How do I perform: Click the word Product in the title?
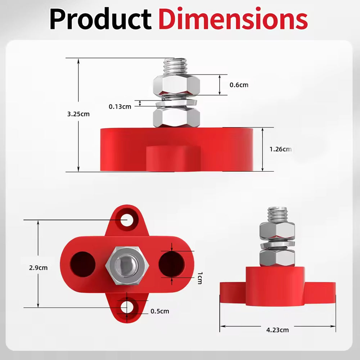(x=100, y=19)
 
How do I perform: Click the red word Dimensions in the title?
(x=233, y=18)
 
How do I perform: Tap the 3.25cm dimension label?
(x=78, y=114)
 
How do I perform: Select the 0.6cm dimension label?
(x=239, y=85)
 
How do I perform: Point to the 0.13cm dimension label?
(x=120, y=107)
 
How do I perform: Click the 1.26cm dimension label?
(x=280, y=149)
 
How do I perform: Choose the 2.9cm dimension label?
(x=39, y=268)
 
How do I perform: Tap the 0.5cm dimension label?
(x=160, y=311)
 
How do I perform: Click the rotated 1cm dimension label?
(x=200, y=278)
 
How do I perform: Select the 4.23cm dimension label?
(x=278, y=330)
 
